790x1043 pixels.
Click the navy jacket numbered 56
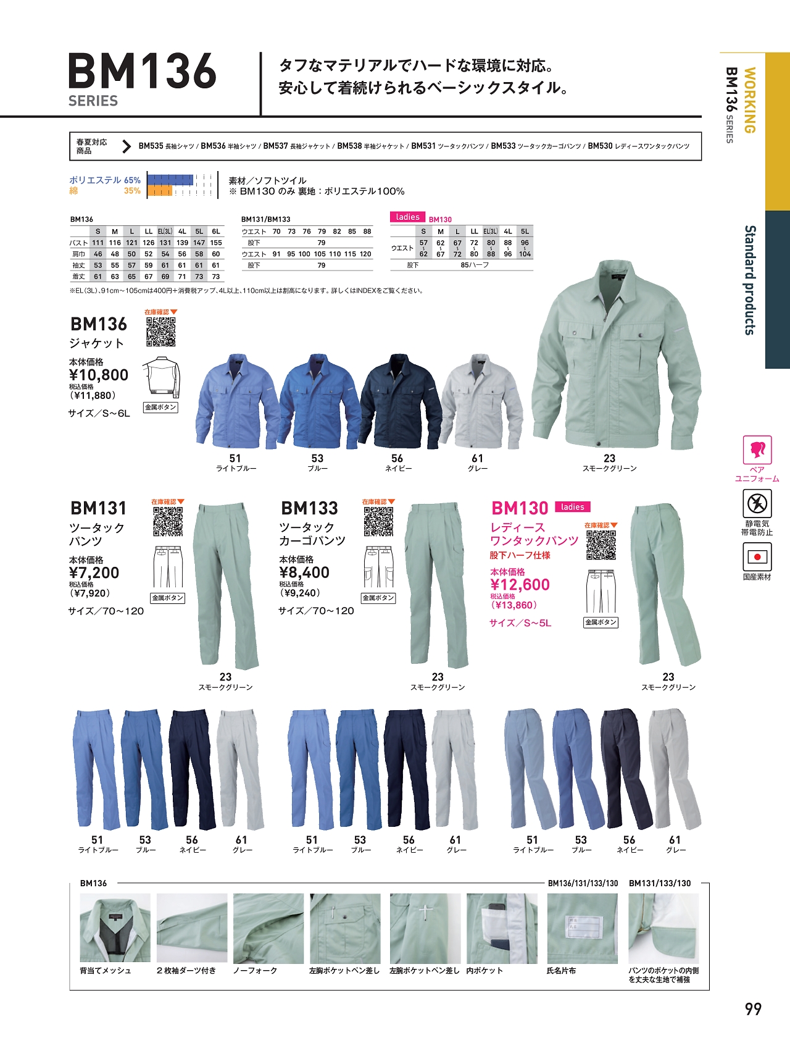(x=400, y=401)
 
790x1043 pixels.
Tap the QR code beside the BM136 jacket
(x=160, y=332)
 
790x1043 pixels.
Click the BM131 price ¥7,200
(x=94, y=572)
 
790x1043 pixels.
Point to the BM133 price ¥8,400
(x=304, y=572)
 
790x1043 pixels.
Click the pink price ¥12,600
(x=520, y=585)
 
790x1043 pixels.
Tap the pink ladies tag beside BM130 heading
(x=572, y=507)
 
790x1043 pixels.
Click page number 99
(x=753, y=1009)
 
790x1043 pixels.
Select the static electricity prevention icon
(x=757, y=504)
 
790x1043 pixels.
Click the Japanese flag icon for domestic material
(x=757, y=557)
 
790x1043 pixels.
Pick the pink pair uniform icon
(x=757, y=450)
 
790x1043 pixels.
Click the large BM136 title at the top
(x=143, y=71)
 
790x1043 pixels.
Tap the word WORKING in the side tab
(x=749, y=100)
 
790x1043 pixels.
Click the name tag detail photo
(x=582, y=929)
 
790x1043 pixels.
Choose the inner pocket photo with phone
(x=502, y=929)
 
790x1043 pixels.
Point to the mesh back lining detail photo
(x=115, y=928)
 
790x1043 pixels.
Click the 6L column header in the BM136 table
(x=216, y=232)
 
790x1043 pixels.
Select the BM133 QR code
(x=378, y=522)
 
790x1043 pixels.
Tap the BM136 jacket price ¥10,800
(x=99, y=375)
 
